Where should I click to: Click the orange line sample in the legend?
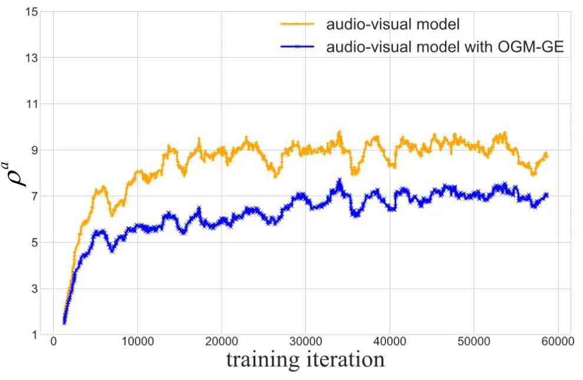[x=298, y=24]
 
